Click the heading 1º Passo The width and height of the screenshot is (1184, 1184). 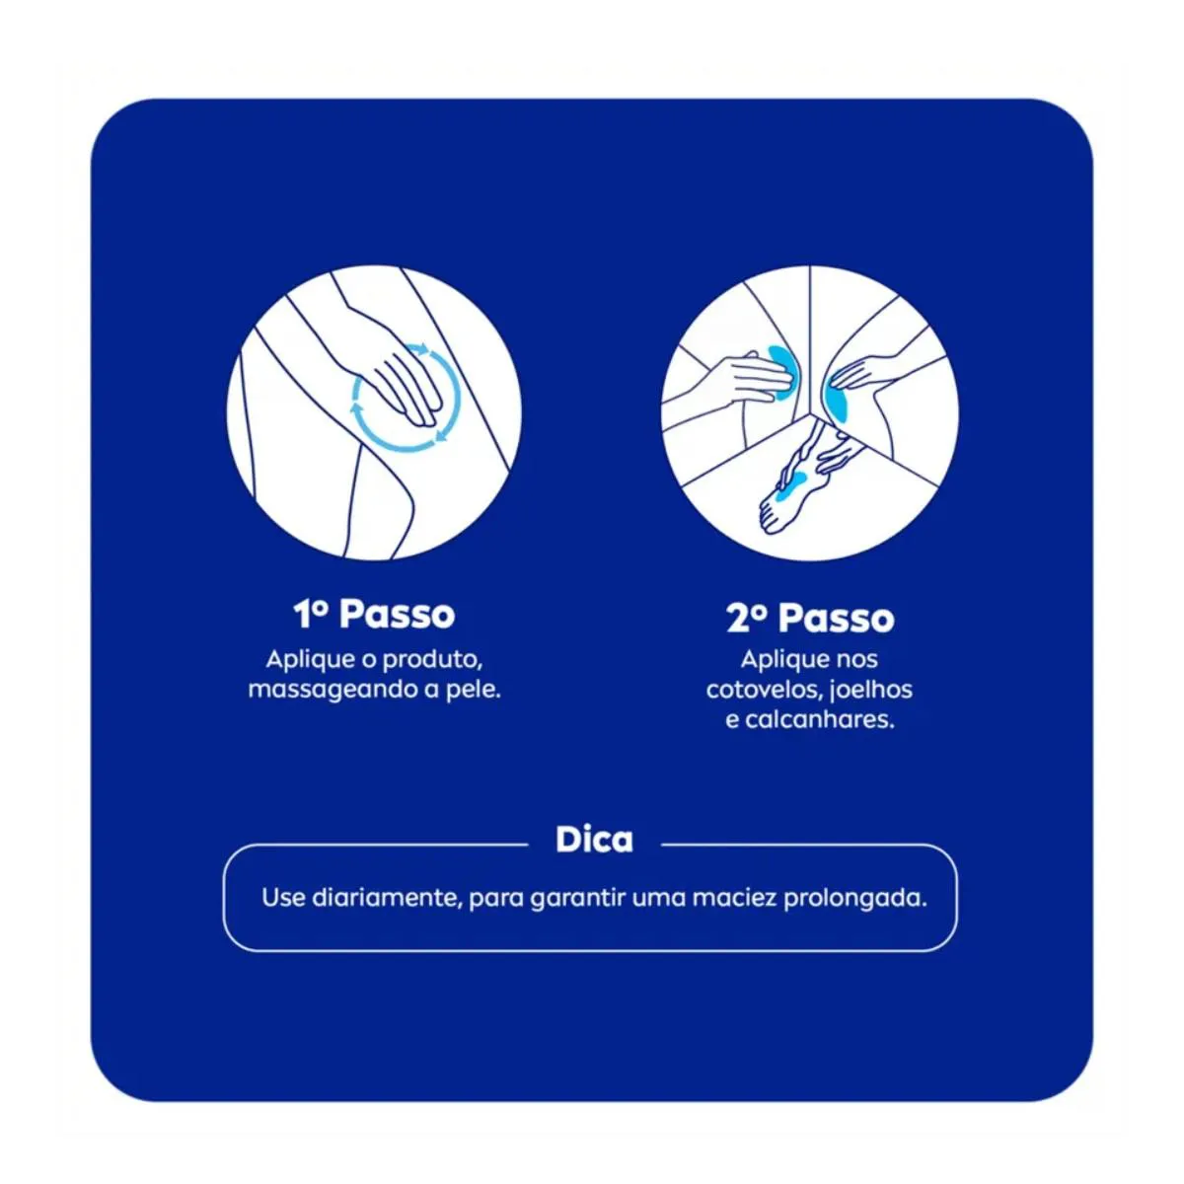point(374,614)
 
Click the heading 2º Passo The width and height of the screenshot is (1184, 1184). point(810,618)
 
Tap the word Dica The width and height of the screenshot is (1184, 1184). point(594,840)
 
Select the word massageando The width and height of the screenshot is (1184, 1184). point(333,690)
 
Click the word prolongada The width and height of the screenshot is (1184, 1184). point(854,899)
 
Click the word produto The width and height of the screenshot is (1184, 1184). point(432,660)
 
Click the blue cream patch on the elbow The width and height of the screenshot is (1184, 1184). point(784,371)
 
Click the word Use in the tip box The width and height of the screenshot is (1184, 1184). point(283,898)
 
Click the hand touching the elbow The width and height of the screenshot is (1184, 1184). point(748,377)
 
